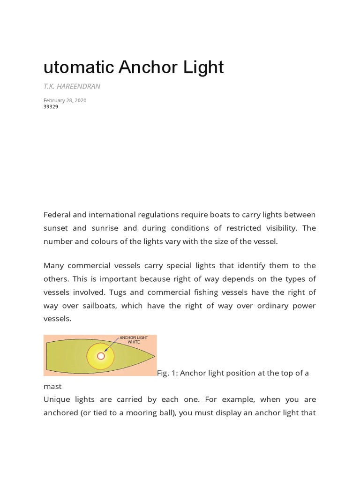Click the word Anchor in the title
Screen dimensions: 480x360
click(x=147, y=67)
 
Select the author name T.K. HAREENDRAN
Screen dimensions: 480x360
click(x=72, y=86)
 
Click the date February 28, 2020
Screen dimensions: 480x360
click(x=65, y=100)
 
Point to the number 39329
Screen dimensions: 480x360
click(x=51, y=107)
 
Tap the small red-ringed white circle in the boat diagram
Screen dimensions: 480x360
click(x=100, y=356)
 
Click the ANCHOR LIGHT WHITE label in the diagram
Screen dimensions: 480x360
click(x=134, y=339)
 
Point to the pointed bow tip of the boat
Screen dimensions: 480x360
click(x=154, y=356)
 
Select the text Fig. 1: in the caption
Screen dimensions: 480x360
click(x=167, y=373)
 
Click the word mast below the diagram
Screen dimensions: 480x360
click(x=52, y=387)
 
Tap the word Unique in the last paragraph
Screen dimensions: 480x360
click(x=58, y=399)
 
